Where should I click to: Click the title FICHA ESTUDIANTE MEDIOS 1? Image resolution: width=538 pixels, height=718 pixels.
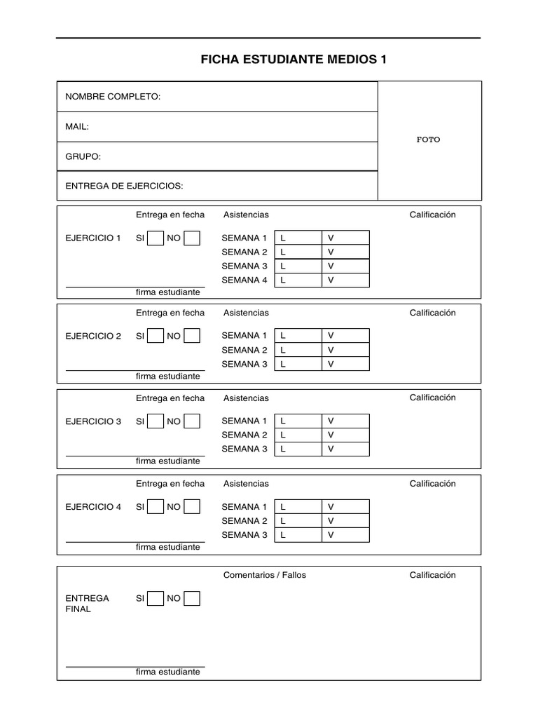pyautogui.click(x=294, y=60)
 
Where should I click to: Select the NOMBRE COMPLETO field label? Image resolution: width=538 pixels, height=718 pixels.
pyautogui.click(x=113, y=97)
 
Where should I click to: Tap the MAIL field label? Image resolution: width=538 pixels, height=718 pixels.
pyautogui.click(x=77, y=127)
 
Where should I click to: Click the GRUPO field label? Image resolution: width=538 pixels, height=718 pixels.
pyautogui.click(x=83, y=156)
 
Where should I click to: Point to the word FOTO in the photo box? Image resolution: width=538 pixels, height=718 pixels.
pyautogui.click(x=429, y=140)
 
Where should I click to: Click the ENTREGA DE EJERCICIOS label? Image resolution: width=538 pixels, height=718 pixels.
pyautogui.click(x=124, y=187)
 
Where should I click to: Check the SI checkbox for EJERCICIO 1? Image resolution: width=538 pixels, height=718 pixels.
pyautogui.click(x=156, y=238)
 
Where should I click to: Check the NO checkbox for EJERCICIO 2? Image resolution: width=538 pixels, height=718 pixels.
pyautogui.click(x=191, y=336)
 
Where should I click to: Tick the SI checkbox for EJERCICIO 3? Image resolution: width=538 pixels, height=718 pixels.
pyautogui.click(x=156, y=421)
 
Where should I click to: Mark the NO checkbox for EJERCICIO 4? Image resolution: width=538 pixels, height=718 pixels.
pyautogui.click(x=191, y=507)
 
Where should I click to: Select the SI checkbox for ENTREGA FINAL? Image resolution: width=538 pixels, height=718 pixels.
pyautogui.click(x=156, y=598)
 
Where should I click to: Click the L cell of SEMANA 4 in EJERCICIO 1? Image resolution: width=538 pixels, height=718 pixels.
pyautogui.click(x=298, y=280)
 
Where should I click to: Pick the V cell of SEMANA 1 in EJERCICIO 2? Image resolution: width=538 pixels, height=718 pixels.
pyautogui.click(x=345, y=336)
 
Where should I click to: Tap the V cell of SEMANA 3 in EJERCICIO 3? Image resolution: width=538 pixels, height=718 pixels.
pyautogui.click(x=345, y=449)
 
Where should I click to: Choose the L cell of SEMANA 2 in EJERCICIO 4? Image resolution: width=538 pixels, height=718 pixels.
pyautogui.click(x=298, y=521)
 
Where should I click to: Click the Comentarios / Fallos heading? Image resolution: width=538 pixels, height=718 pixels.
pyautogui.click(x=265, y=575)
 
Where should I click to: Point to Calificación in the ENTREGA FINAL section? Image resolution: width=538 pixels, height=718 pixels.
pyautogui.click(x=432, y=575)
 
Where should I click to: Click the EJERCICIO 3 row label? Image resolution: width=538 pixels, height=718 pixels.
pyautogui.click(x=93, y=421)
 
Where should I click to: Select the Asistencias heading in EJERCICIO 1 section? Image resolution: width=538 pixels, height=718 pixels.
pyautogui.click(x=246, y=215)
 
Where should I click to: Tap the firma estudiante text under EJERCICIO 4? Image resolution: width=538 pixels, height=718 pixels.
pyautogui.click(x=168, y=547)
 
